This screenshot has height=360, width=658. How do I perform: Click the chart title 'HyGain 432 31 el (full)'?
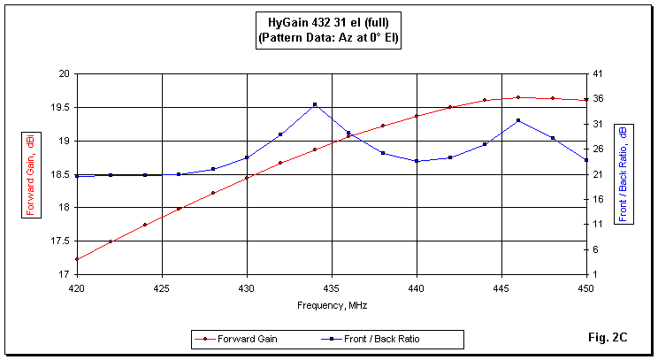tap(328, 23)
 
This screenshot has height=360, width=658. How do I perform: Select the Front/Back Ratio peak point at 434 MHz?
tap(315, 104)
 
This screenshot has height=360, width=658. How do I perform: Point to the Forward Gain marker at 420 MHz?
tap(77, 259)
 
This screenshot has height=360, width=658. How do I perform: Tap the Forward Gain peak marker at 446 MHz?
tap(518, 97)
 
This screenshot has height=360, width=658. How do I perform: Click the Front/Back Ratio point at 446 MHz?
tap(518, 120)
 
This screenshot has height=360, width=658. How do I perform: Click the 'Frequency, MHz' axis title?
tap(332, 304)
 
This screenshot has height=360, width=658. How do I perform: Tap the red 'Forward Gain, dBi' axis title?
tap(31, 174)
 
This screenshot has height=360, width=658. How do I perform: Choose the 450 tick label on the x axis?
tap(586, 287)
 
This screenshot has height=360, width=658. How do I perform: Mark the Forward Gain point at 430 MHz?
tap(247, 178)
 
